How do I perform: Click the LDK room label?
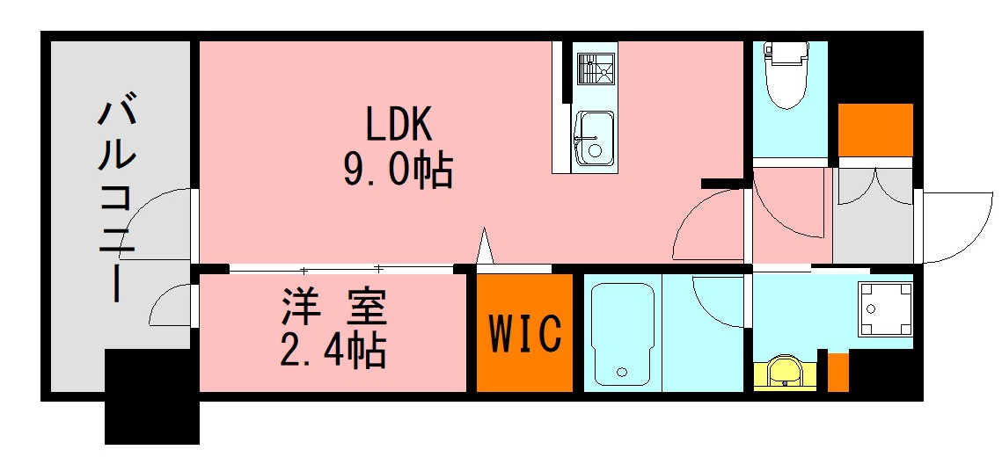pos(398,126)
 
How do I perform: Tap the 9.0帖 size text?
pos(398,170)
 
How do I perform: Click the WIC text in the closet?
pos(525,333)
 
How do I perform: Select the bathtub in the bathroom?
pos(621,334)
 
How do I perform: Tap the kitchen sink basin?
pos(594,140)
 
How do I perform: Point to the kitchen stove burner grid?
pos(596,69)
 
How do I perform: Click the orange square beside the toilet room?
pos(874,129)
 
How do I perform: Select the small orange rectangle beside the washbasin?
pos(838,372)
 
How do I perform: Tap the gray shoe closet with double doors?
pos(874,215)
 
